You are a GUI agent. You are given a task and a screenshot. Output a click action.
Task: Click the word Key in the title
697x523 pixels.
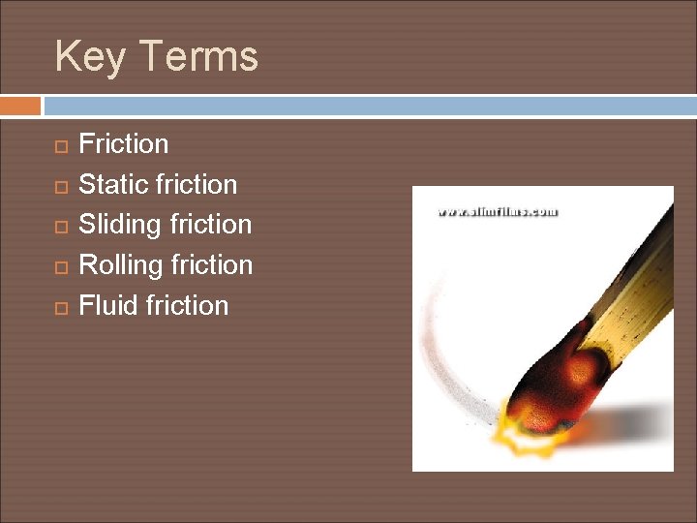point(90,56)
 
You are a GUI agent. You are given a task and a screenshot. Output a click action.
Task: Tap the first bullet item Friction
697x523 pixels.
point(123,144)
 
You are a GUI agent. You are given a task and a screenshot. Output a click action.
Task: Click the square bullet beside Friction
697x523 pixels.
point(60,146)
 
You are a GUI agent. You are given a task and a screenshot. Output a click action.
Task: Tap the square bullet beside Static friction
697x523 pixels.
point(60,186)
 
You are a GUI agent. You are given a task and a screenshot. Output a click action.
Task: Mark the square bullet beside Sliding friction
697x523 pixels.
point(60,227)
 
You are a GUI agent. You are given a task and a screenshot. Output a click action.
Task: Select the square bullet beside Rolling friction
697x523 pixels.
point(60,267)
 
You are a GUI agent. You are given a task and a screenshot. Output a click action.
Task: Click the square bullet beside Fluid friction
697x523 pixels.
point(60,307)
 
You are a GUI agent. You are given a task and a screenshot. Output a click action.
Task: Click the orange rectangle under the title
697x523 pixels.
point(20,106)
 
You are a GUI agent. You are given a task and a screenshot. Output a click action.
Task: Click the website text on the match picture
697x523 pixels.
point(498,211)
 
